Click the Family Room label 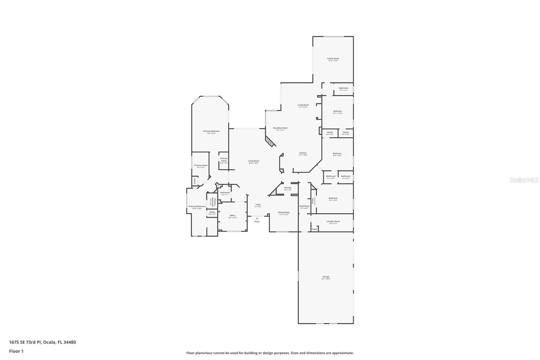(333, 59)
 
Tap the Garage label (326, 277)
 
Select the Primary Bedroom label (211, 131)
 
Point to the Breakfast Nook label (280, 128)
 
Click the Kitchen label (303, 153)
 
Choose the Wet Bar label (288, 188)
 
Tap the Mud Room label (304, 206)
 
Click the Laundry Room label (333, 222)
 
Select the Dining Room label (283, 213)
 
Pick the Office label (232, 215)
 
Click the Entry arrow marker (257, 218)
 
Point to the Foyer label (258, 205)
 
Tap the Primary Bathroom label (197, 206)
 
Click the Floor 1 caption (16, 351)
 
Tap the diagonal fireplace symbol (269, 142)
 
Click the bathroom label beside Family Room (343, 88)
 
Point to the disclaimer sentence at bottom (270, 353)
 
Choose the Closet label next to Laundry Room (314, 229)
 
